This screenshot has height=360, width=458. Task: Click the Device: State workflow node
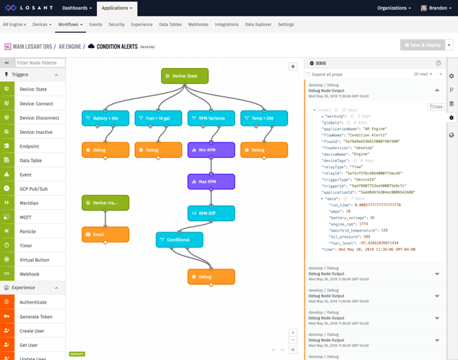[x=184, y=76]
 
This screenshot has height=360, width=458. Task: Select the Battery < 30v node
[x=105, y=118]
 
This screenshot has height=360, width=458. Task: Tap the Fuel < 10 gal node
[x=158, y=118]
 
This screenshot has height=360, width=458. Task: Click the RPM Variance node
[x=211, y=118]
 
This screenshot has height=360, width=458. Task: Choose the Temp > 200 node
[x=264, y=118]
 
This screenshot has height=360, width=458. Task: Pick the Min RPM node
[x=211, y=150]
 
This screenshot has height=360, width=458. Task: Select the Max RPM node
[x=211, y=181]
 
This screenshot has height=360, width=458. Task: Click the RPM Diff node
[x=211, y=213]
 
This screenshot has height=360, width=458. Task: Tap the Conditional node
[x=179, y=240]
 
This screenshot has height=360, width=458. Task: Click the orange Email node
[x=105, y=234]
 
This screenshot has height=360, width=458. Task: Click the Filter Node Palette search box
[x=40, y=63]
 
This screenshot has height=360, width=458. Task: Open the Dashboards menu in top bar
[x=76, y=8]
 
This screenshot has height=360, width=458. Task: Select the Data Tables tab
[x=170, y=25]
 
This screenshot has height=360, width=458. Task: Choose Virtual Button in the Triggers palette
[x=34, y=260]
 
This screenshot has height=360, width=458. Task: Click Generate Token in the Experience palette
[x=36, y=317]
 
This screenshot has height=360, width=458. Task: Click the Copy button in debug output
[x=436, y=107]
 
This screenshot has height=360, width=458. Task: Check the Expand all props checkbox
[x=309, y=74]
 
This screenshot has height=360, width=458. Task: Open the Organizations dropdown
[x=394, y=8]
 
